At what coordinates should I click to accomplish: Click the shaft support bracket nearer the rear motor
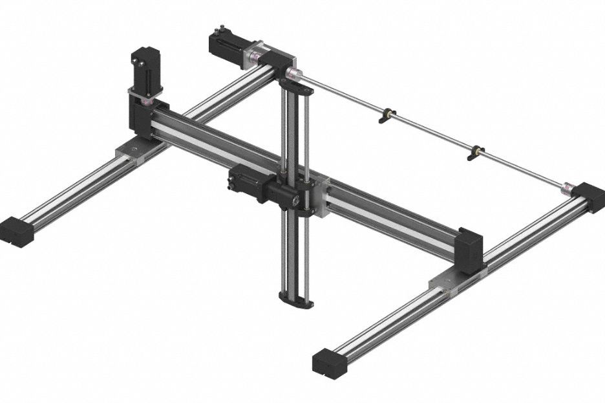(x=385, y=115)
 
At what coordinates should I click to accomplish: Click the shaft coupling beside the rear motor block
(x=294, y=72)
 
